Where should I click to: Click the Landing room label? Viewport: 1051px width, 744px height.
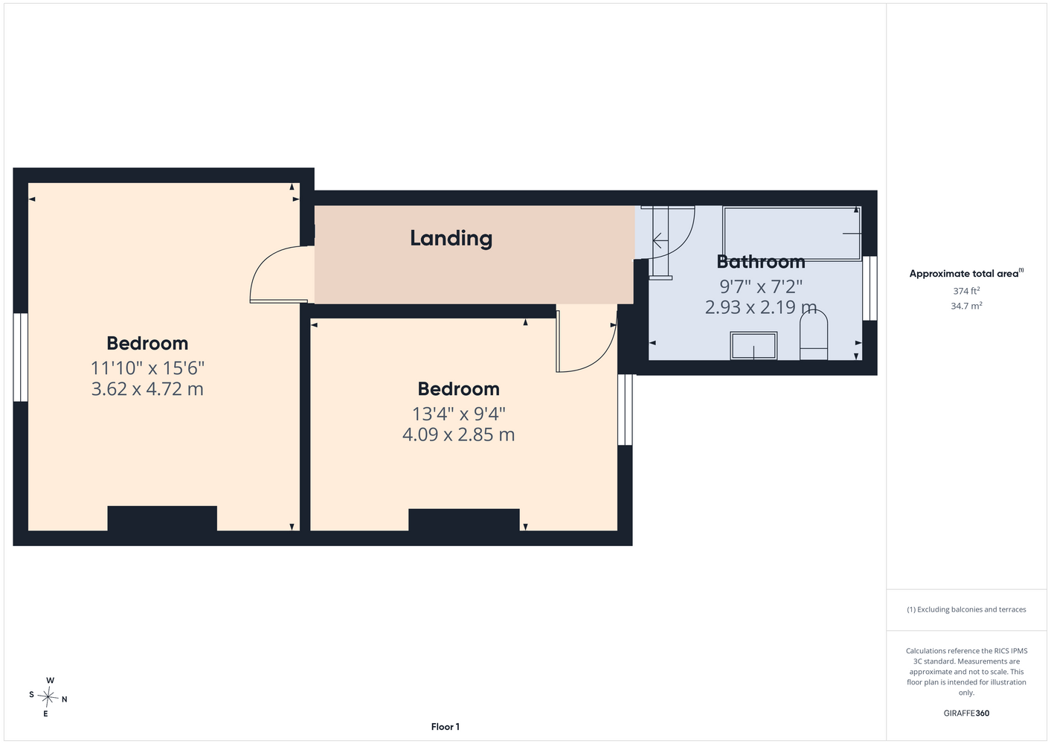(451, 239)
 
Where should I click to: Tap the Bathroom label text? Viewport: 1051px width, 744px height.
(761, 262)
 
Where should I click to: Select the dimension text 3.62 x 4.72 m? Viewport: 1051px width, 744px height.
(147, 389)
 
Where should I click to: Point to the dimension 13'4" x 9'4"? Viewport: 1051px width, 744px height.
(458, 414)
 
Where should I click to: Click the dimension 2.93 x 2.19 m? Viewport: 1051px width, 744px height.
(761, 307)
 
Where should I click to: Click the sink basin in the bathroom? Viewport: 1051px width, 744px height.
(753, 346)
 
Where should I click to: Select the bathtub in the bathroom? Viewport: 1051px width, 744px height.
(792, 234)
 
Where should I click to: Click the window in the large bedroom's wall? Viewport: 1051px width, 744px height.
(20, 357)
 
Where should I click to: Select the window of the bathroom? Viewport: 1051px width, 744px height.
(870, 288)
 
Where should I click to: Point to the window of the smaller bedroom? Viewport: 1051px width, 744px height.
(625, 409)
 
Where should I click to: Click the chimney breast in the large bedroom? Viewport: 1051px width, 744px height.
(162, 519)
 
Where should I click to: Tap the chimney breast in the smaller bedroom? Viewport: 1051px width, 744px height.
(463, 519)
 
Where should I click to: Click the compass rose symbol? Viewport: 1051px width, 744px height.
(48, 697)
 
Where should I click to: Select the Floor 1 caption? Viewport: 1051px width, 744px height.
(446, 727)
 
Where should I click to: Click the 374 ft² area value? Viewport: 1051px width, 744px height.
(966, 291)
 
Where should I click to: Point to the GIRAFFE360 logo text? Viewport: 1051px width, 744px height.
(966, 713)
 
